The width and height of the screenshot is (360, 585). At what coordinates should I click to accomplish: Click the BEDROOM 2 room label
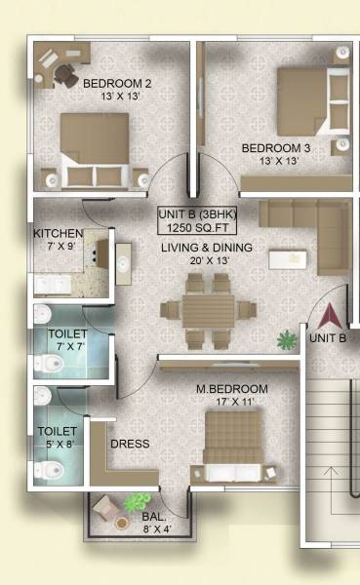coord(116,82)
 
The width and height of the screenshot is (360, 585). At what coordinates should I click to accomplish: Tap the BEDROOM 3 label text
coord(275,148)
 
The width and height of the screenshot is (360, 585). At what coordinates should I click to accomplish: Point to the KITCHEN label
coord(58,234)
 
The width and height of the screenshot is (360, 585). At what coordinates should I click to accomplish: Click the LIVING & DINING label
coord(207,248)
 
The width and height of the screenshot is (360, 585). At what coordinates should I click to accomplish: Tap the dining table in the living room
coord(207,310)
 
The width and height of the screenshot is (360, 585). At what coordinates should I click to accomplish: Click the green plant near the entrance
coord(286,340)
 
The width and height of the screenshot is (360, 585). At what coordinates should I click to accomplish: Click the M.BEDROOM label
coord(231,389)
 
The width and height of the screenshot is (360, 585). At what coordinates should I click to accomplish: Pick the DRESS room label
coord(131,444)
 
